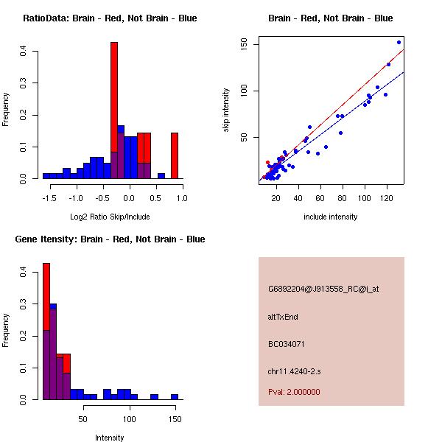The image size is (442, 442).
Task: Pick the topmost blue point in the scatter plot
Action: click(x=399, y=43)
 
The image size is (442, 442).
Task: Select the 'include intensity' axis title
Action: click(x=331, y=217)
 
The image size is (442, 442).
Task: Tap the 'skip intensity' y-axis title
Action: click(x=226, y=110)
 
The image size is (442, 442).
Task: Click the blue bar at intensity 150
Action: click(x=175, y=396)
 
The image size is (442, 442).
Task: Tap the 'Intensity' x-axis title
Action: click(x=110, y=438)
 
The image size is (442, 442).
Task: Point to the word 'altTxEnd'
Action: click(x=283, y=317)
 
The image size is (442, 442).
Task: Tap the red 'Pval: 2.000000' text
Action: click(x=294, y=392)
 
